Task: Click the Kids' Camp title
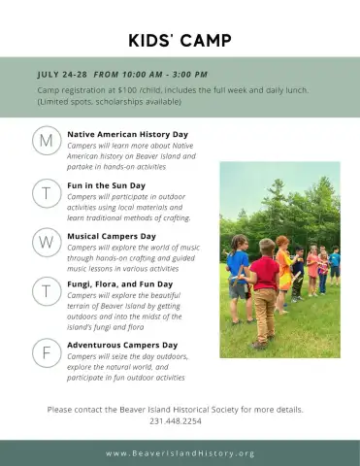pyautogui.click(x=180, y=41)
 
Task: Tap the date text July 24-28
pyautogui.click(x=62, y=75)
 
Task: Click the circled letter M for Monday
pyautogui.click(x=47, y=141)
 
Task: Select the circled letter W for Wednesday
pyautogui.click(x=47, y=242)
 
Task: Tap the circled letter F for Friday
pyautogui.click(x=47, y=352)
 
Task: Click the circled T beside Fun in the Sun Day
pyautogui.click(x=47, y=193)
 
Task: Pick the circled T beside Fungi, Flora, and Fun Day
pyautogui.click(x=47, y=291)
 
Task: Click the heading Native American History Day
pyautogui.click(x=127, y=134)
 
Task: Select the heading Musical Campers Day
pyautogui.click(x=112, y=236)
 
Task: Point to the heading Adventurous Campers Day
pyautogui.click(x=122, y=345)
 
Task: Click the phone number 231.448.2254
pyautogui.click(x=176, y=421)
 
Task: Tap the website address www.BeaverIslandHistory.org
pyautogui.click(x=180, y=453)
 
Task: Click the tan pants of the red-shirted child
pyautogui.click(x=264, y=316)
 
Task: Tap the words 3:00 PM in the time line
pyautogui.click(x=189, y=75)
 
